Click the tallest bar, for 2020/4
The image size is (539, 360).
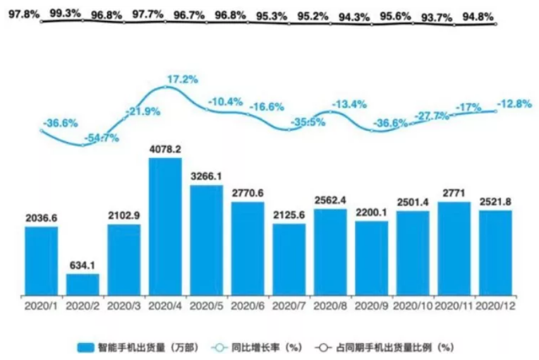click(165, 226)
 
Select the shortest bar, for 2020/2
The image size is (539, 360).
click(83, 284)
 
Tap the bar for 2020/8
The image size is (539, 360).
click(330, 251)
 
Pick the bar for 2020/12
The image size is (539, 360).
click(495, 252)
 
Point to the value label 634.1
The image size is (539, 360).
click(83, 265)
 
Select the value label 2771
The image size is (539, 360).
click(454, 194)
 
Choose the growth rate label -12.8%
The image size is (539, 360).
click(514, 104)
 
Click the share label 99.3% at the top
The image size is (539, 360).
click(66, 13)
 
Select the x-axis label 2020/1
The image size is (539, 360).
click(42, 305)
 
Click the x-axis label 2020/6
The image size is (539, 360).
click(247, 305)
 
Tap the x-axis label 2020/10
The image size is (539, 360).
click(413, 305)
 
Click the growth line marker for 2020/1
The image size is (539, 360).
click(42, 131)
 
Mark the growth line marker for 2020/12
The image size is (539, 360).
click(495, 111)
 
